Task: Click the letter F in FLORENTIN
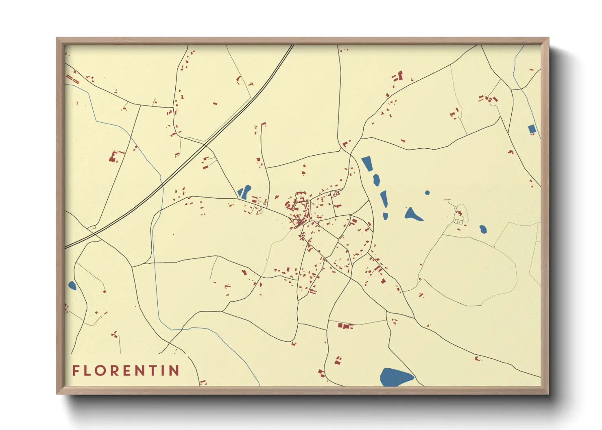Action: (x=76, y=370)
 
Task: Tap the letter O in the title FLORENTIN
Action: (x=102, y=370)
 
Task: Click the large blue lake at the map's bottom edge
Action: (x=395, y=377)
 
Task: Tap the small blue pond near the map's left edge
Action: (x=72, y=286)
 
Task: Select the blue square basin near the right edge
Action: (x=532, y=130)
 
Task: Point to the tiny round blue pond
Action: (x=427, y=193)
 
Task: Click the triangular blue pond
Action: (x=412, y=214)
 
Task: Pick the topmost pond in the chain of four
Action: (x=367, y=163)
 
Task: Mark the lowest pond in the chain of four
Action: (x=385, y=216)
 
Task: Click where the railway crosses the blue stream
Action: (x=162, y=185)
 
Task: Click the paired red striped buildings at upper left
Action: (x=72, y=78)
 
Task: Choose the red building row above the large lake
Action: (x=345, y=326)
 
